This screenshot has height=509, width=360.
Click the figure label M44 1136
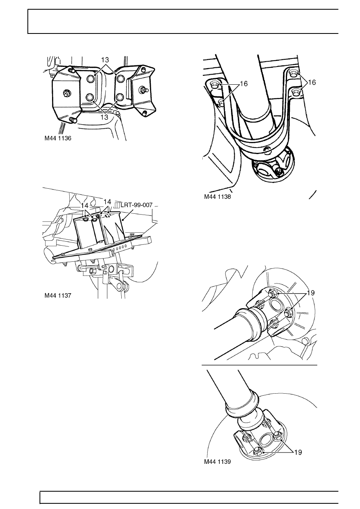58,138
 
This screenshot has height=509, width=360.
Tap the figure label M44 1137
58,295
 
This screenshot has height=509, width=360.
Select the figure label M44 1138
217,196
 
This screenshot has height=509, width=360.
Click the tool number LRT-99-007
136,205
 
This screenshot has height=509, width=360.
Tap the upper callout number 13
105,60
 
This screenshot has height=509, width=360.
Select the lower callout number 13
104,117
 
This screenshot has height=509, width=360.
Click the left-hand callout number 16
244,84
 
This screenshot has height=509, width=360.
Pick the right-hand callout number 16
312,82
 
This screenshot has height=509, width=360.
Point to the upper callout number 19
311,293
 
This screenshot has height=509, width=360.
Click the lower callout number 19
298,453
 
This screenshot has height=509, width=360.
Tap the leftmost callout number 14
85,206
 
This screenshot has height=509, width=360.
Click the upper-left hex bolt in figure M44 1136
90,79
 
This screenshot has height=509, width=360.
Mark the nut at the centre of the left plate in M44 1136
67,93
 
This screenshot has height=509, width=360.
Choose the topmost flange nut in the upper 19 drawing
272,294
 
